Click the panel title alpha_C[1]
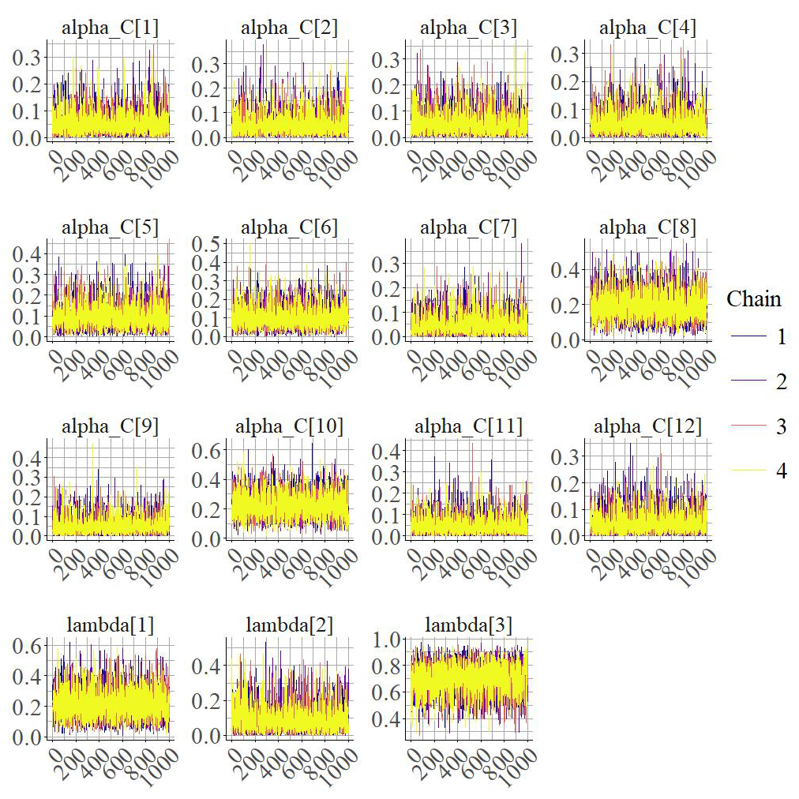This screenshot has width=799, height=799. (110, 28)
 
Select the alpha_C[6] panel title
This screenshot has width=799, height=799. (289, 227)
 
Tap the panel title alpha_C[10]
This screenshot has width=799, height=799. (289, 426)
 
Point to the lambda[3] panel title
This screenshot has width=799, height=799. (468, 625)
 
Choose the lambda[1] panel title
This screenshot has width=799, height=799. (110, 625)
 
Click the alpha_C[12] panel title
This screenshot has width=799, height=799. (648, 426)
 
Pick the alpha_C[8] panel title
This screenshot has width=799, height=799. (648, 227)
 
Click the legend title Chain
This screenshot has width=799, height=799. (754, 299)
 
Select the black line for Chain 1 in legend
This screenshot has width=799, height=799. (746, 337)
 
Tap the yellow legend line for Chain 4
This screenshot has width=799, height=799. (746, 472)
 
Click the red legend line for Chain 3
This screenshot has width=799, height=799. (746, 427)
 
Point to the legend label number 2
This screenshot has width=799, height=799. (781, 382)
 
